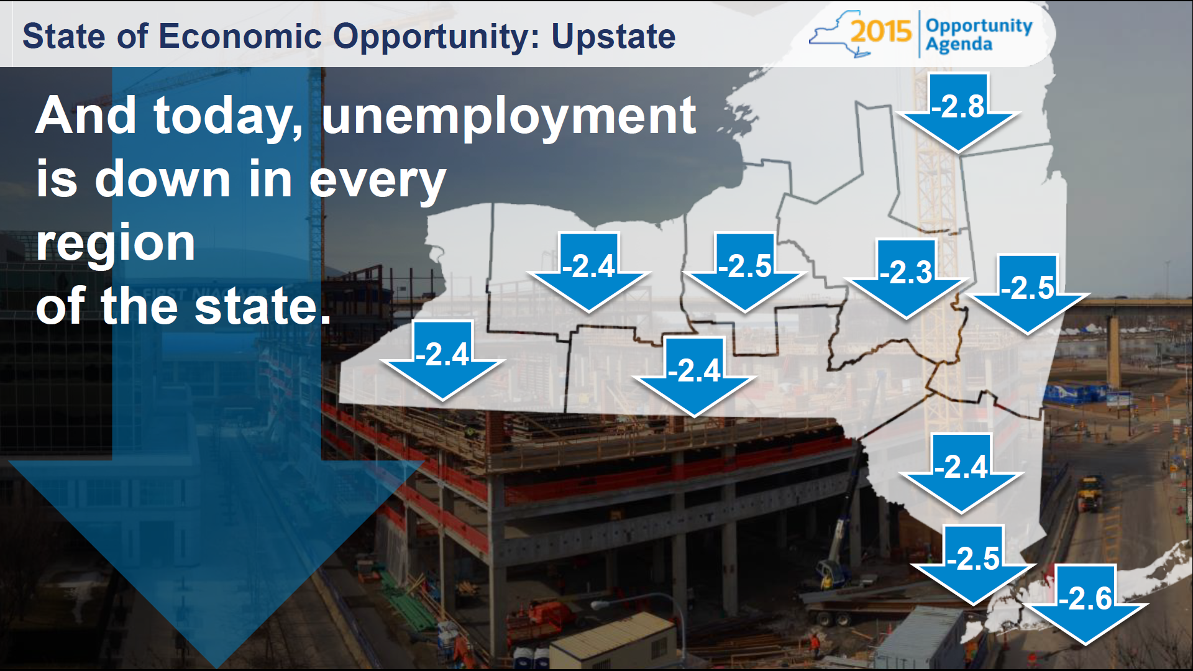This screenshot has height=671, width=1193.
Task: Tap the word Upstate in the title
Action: tap(613, 36)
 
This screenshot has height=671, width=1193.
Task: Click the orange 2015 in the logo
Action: tap(881, 31)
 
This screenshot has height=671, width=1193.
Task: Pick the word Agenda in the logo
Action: tap(959, 45)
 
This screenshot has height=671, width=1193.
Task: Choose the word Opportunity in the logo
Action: tap(979, 26)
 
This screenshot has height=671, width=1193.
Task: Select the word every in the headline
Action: tap(377, 180)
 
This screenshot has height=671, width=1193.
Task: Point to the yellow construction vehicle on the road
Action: tap(1090, 493)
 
